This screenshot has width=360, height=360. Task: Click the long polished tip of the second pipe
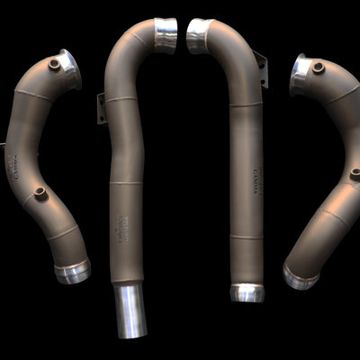click(130, 311)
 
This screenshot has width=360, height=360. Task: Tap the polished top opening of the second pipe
click(168, 33)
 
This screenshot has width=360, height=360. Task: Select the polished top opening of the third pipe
click(198, 35)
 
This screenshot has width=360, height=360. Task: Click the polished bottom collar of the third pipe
click(246, 292)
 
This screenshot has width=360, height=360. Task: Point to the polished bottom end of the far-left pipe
click(72, 271)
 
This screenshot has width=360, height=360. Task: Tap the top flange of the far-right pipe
click(301, 74)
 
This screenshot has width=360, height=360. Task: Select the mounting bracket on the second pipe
click(102, 107)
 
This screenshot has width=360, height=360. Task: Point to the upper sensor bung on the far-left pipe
click(55, 65)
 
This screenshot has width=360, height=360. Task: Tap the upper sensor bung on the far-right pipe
click(318, 67)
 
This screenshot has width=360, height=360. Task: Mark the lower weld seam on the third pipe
click(245, 238)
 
